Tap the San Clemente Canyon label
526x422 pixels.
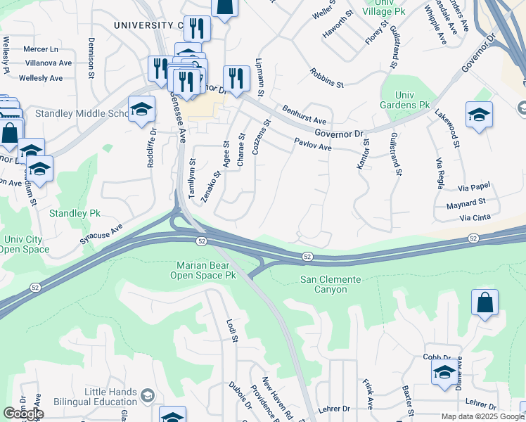pos(331,285)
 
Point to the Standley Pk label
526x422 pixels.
pos(70,212)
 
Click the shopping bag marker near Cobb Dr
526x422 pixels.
pos(485,304)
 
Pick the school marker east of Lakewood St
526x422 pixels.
pos(479,115)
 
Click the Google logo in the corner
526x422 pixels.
pos(23,414)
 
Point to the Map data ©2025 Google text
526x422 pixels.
pos(482,416)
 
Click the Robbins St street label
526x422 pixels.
pos(326,79)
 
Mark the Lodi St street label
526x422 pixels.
pos(232,331)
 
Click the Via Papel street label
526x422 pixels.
pos(473,188)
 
